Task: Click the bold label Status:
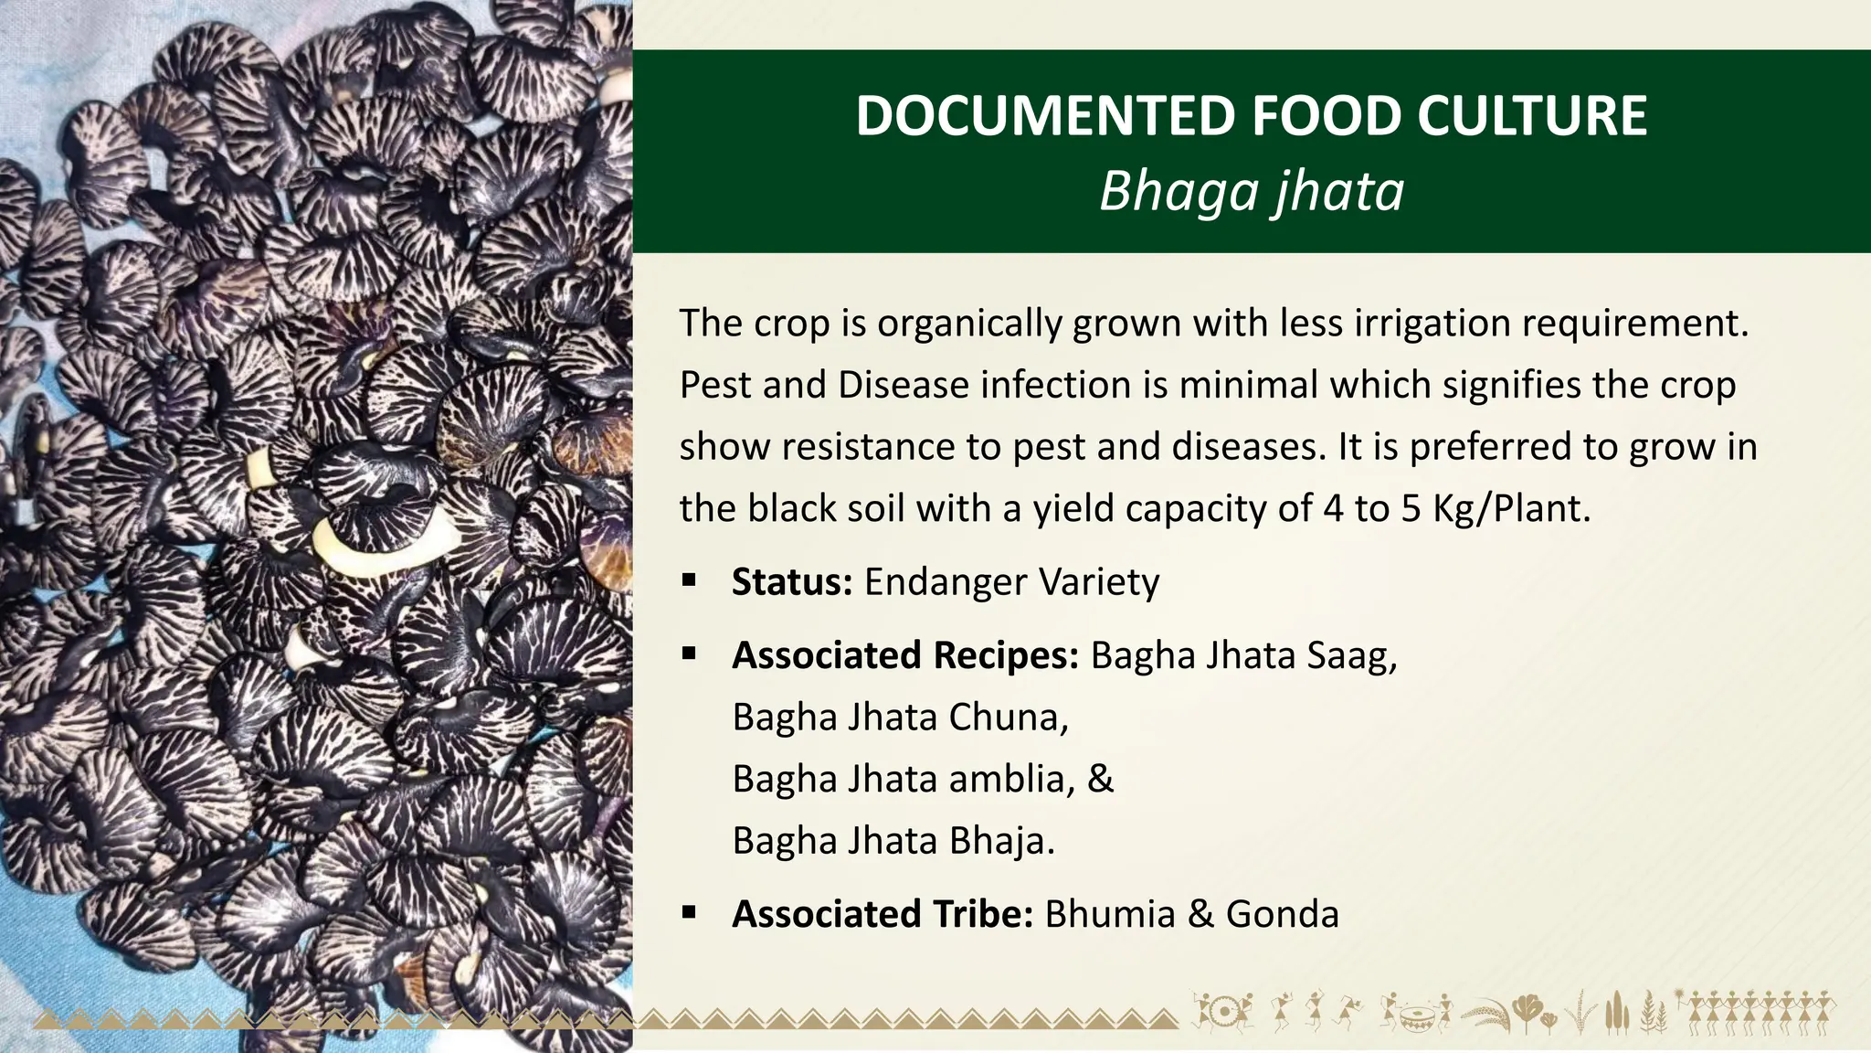click(x=792, y=582)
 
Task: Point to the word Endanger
click(x=946, y=582)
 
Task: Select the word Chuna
click(x=1007, y=718)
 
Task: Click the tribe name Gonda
click(x=1282, y=914)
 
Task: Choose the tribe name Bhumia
click(x=1109, y=914)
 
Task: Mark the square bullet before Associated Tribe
click(x=689, y=911)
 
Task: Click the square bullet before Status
click(x=689, y=580)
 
